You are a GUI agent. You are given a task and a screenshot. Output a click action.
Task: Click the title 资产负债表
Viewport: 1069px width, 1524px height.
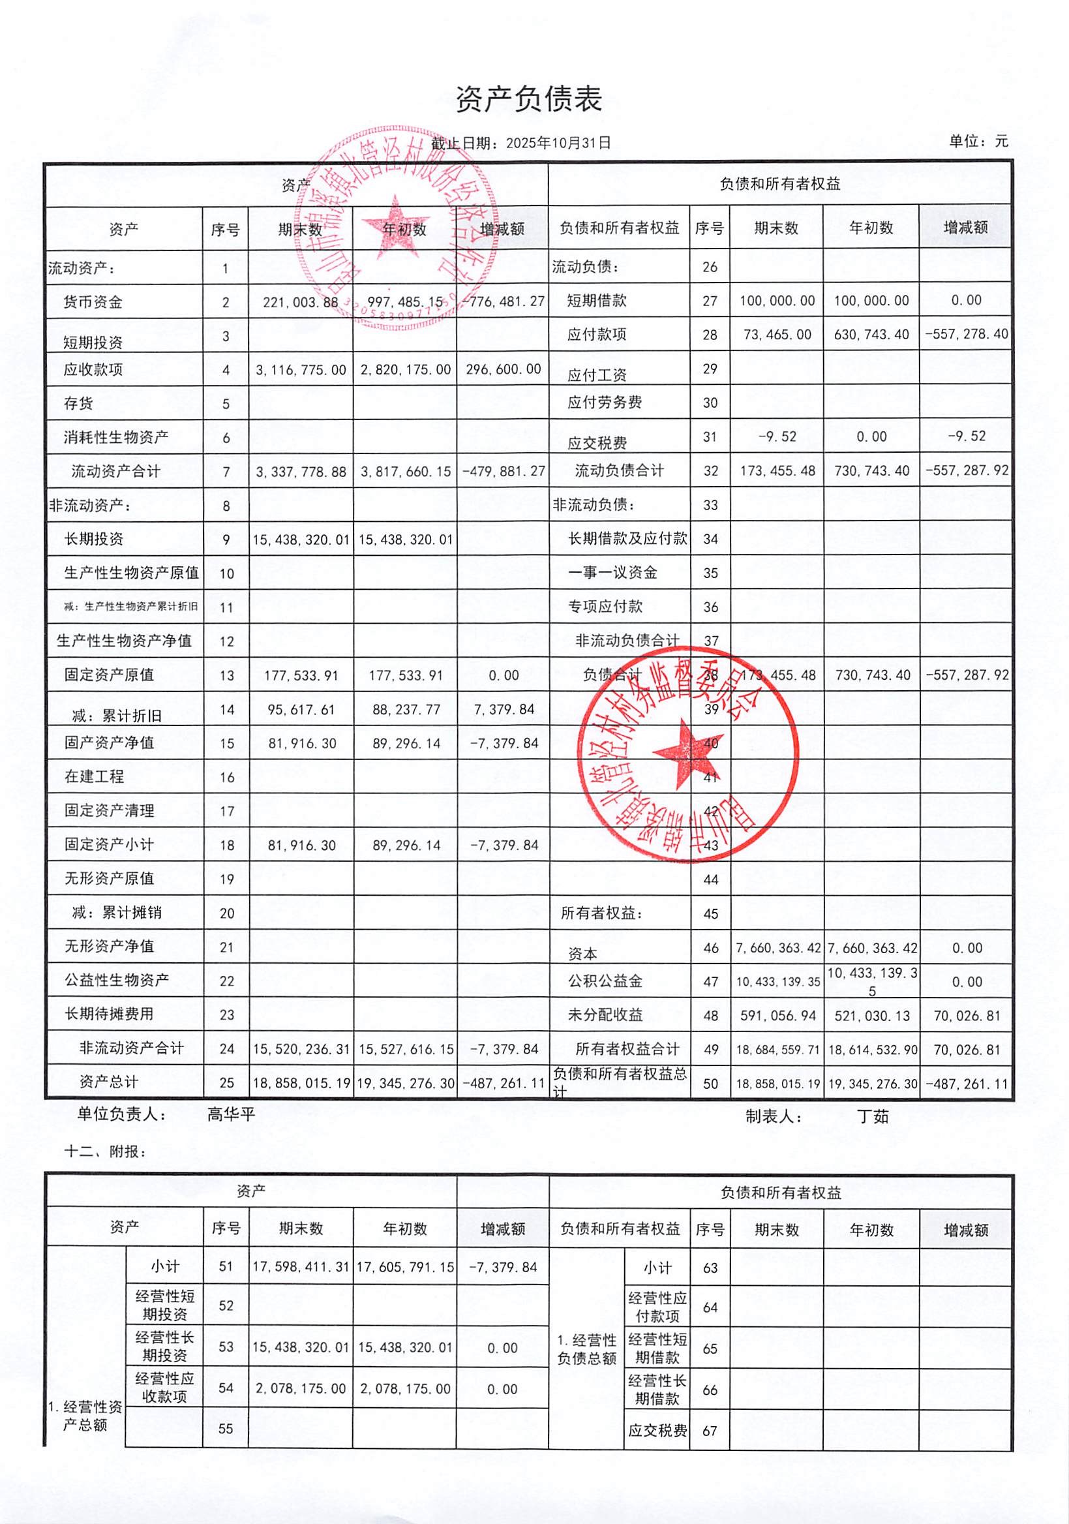point(529,100)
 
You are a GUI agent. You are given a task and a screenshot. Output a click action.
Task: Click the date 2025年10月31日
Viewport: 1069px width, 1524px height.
point(558,143)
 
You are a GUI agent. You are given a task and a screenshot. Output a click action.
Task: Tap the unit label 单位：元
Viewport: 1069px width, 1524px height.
point(979,142)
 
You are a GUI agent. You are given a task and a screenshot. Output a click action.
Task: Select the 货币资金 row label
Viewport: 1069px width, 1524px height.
point(93,303)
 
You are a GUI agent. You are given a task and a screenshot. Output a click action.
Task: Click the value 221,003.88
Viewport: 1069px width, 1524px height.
point(301,303)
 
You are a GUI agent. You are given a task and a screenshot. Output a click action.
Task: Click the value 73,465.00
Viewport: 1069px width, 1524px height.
point(777,335)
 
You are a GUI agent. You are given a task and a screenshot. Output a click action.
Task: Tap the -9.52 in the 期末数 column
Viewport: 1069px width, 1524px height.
point(776,436)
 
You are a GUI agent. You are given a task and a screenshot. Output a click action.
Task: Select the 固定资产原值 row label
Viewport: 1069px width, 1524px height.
point(109,675)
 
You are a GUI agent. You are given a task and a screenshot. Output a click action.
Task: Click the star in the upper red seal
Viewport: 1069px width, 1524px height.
point(395,226)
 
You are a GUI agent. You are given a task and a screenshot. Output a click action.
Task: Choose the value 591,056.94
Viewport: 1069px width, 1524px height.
point(777,1016)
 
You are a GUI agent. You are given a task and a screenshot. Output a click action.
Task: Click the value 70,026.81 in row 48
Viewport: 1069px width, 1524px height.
point(966,1016)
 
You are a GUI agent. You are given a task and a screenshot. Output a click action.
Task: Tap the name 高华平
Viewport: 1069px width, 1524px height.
point(231,1114)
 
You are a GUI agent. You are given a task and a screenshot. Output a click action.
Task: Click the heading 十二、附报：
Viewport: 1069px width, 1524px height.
point(105,1151)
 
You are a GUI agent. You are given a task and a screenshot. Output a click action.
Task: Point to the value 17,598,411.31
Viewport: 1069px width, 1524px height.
point(301,1267)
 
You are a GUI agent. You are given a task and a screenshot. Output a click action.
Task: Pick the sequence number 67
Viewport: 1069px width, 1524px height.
point(710,1431)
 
